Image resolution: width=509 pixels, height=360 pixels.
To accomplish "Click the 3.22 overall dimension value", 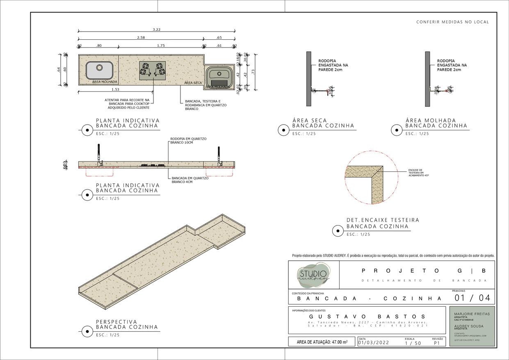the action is click(x=156, y=30).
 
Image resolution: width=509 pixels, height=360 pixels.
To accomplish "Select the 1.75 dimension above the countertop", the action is click(x=161, y=46).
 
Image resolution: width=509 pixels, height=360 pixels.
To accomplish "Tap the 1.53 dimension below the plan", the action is click(x=115, y=89).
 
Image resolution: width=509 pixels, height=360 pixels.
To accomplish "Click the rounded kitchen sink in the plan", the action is click(x=100, y=70).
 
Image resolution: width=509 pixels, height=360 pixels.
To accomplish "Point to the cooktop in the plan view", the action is click(x=153, y=70).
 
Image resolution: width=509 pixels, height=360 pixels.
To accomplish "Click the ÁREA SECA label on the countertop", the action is click(x=193, y=83).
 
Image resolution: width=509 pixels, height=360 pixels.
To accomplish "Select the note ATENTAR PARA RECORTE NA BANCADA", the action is click(x=127, y=104).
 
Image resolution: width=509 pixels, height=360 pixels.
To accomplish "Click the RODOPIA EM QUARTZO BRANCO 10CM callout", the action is click(x=188, y=141).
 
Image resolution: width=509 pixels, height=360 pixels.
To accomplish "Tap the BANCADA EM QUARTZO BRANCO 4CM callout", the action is click(x=190, y=180).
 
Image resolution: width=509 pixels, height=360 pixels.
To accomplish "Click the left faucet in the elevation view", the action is click(x=99, y=155).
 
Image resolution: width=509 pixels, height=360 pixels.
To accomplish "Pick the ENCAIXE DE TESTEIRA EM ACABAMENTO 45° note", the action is click(x=418, y=173).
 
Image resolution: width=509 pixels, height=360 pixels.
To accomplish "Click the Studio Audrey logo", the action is click(x=314, y=275).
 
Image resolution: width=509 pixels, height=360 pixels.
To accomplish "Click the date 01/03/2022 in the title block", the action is click(x=374, y=343).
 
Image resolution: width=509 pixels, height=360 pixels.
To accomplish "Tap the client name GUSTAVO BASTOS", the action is click(x=367, y=317).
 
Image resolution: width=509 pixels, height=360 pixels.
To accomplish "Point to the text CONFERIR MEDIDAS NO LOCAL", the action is click(x=452, y=22).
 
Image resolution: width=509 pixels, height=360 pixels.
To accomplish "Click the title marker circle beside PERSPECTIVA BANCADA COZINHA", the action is click(x=87, y=331).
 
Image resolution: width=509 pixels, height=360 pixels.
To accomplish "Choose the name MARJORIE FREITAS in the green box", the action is click(x=472, y=314).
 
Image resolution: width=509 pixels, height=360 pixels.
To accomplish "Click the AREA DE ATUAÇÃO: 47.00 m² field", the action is click(x=322, y=342).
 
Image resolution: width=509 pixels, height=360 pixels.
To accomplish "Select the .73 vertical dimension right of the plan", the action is click(x=253, y=72).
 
